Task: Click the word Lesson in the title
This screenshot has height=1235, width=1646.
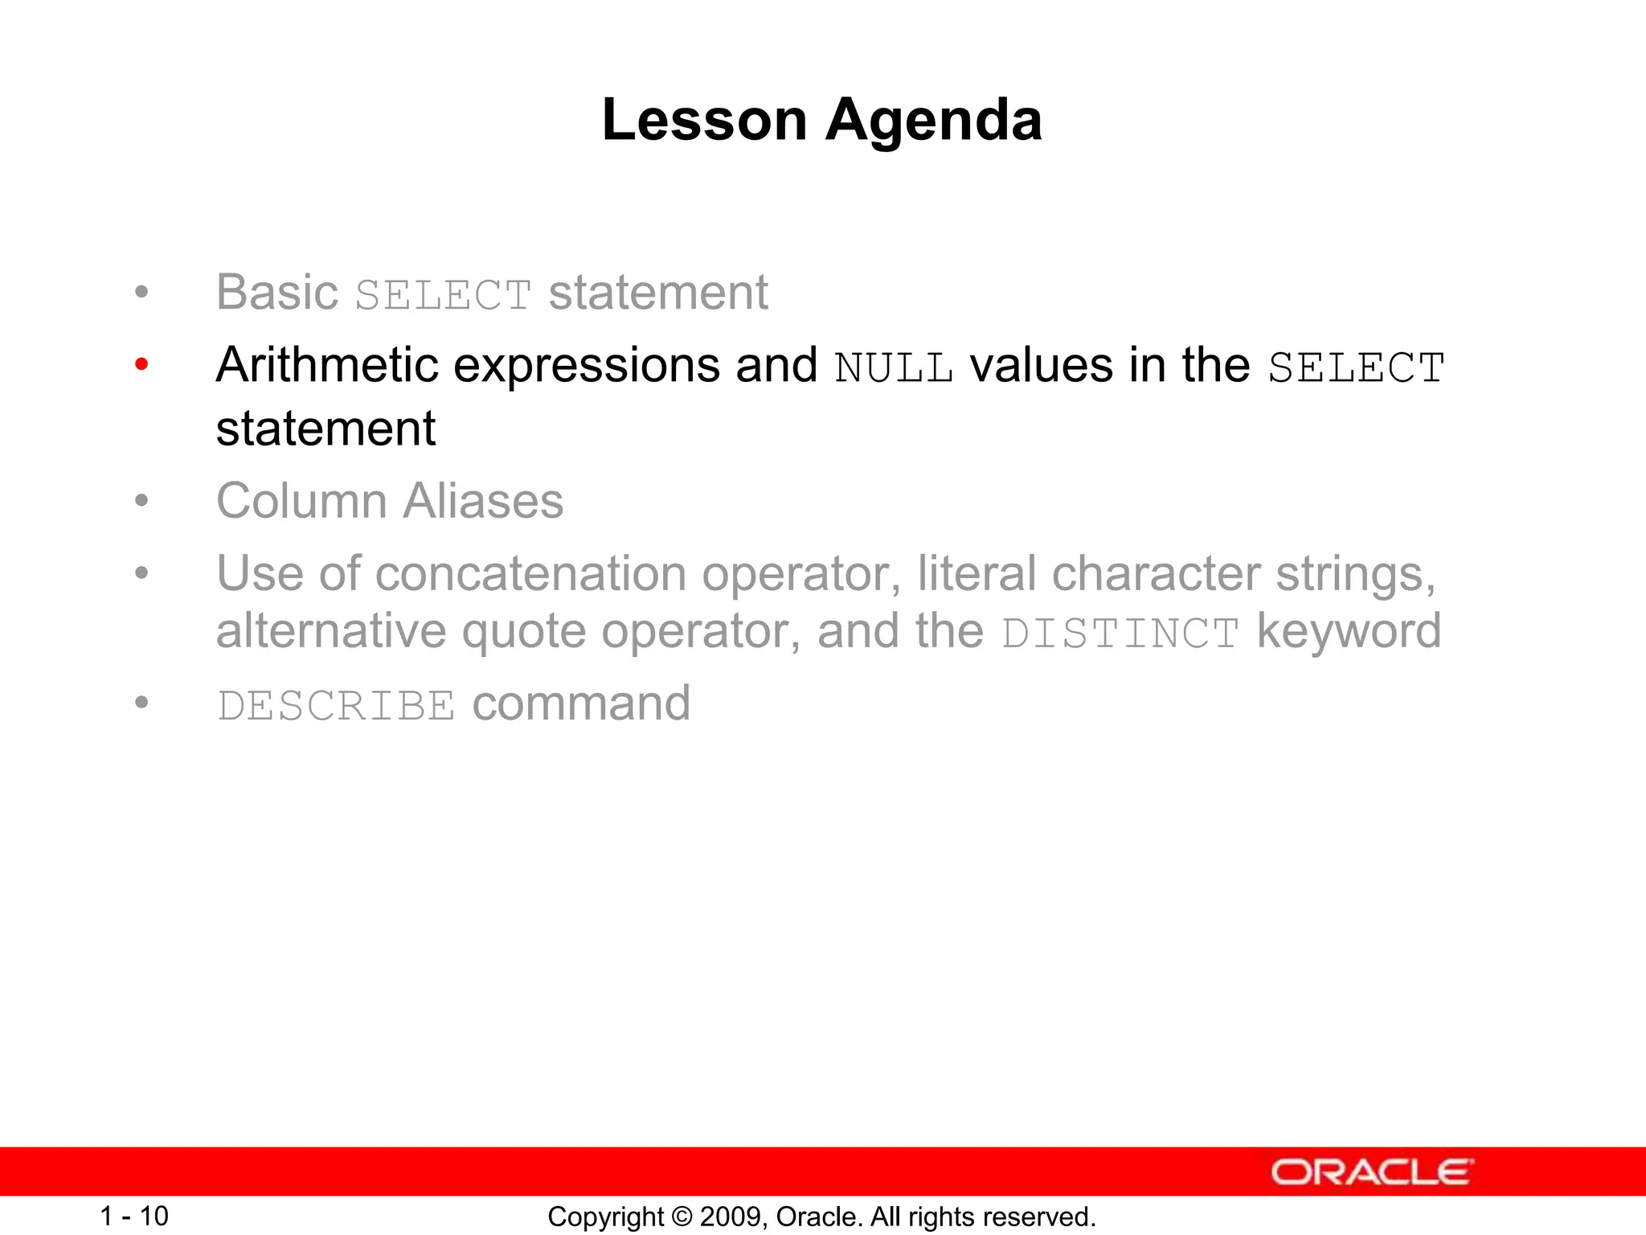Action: coord(704,121)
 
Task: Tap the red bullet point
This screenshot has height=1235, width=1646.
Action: coord(142,365)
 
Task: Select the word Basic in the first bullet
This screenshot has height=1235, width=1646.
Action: coord(276,292)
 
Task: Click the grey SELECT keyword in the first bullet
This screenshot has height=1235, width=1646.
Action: coord(443,295)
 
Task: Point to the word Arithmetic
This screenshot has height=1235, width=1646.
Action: coord(326,365)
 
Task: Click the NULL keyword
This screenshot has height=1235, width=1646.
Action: coord(894,369)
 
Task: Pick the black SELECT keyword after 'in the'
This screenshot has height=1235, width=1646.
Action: coord(1356,369)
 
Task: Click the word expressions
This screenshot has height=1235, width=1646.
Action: coord(587,367)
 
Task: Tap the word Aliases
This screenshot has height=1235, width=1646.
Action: coord(483,501)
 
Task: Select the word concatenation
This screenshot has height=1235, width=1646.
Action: coord(530,574)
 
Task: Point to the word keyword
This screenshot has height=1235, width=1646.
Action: coord(1349,631)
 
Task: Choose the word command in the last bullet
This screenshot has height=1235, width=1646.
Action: coord(581,704)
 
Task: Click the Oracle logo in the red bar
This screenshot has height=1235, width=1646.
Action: coord(1372,1172)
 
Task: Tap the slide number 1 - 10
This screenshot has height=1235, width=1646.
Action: coord(134,1216)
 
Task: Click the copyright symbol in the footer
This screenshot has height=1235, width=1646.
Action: coord(682,1217)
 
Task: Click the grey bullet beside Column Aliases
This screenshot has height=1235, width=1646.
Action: coord(142,501)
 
